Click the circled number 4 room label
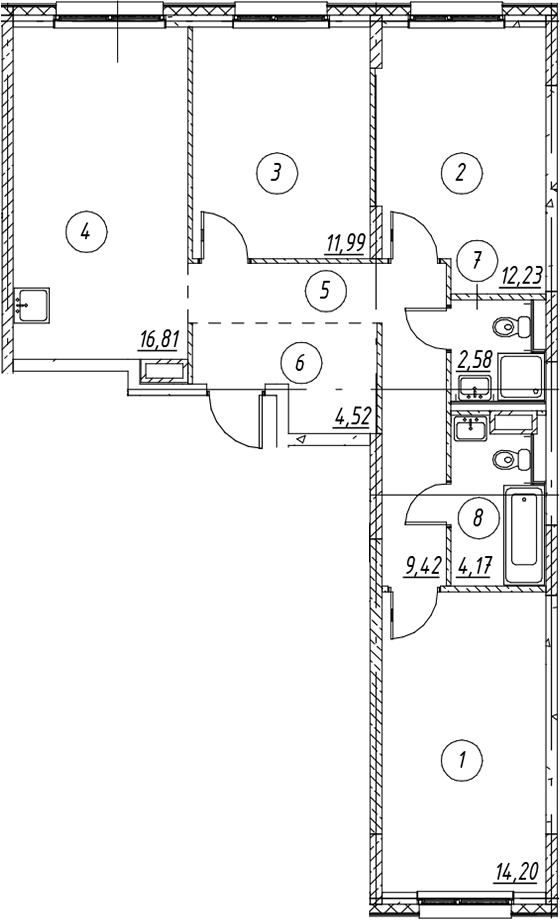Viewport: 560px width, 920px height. pos(86,232)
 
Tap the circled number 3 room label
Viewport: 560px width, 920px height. pos(277,172)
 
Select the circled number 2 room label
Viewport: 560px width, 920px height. pos(461,172)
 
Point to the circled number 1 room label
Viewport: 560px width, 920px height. pos(462,761)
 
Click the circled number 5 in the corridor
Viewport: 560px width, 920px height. pos(326,290)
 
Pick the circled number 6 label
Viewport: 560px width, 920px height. pos(301,363)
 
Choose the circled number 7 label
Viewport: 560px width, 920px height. pos(477,260)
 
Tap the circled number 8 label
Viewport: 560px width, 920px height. pos(478,518)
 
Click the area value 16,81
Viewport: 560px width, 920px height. pos(158,339)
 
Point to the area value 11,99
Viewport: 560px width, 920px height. pos(347,242)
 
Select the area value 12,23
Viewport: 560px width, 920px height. pos(521,274)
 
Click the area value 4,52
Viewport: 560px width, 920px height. pos(353,417)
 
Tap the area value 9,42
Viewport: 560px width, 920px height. pos(422,567)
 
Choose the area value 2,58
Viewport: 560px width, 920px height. pos(474,360)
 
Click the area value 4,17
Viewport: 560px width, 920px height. pos(474,567)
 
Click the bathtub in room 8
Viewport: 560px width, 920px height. pos(525,535)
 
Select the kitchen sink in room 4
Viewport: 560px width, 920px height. pos(32,305)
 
